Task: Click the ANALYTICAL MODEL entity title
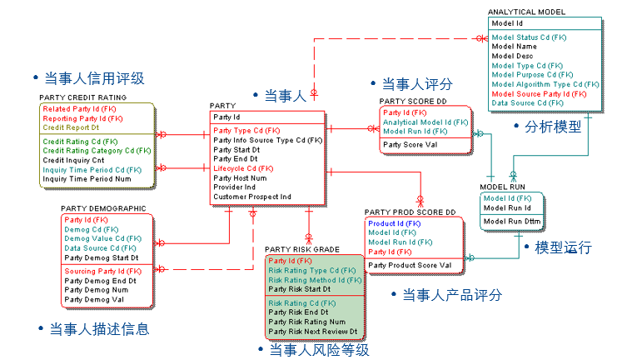click(x=526, y=12)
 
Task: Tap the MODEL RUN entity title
click(x=503, y=187)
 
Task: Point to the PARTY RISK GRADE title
click(x=302, y=249)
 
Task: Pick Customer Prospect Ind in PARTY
click(x=252, y=197)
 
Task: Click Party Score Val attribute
click(x=410, y=145)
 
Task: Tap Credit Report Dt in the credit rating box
click(x=71, y=127)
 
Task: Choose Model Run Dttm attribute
click(x=512, y=221)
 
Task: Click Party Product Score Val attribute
click(x=410, y=265)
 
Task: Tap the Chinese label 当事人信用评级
click(x=94, y=78)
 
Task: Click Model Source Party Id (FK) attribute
click(x=539, y=93)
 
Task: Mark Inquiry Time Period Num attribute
click(x=87, y=178)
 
